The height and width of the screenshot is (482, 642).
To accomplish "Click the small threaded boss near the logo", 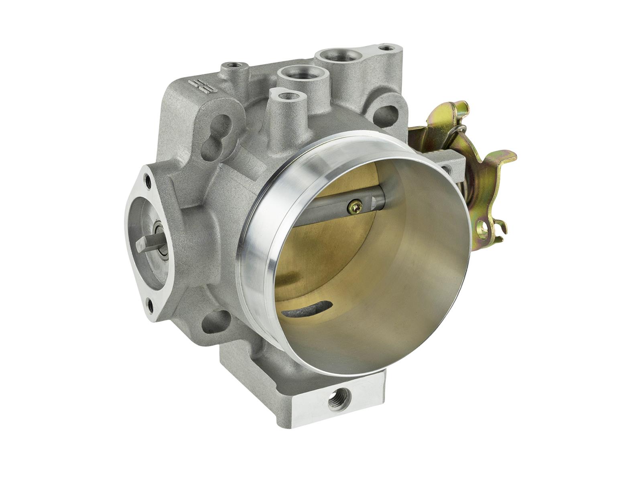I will point(233,65).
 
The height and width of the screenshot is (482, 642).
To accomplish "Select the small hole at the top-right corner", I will point(386,48).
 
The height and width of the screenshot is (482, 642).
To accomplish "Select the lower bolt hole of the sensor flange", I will point(152,306).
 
